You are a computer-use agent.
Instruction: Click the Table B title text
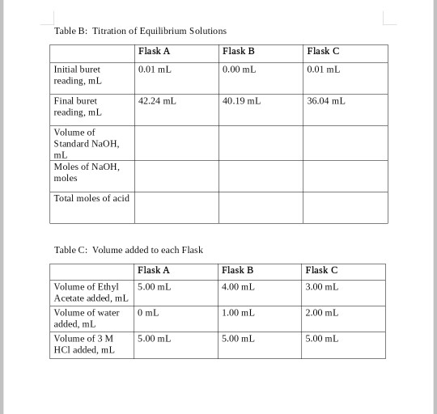click(140, 31)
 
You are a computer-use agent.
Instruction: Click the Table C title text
click(128, 250)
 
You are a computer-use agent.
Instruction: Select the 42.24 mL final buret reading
click(157, 102)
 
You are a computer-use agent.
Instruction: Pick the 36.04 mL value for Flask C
click(326, 102)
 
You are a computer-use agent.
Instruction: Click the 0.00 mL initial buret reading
click(239, 70)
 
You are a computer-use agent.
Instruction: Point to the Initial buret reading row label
click(77, 75)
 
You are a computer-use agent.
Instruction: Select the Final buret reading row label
click(77, 107)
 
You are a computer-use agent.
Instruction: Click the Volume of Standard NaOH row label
click(85, 143)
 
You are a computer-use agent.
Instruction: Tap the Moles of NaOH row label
click(86, 171)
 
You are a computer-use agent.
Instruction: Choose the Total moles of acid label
click(91, 198)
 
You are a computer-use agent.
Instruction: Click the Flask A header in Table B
click(154, 51)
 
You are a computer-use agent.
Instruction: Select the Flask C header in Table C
click(321, 270)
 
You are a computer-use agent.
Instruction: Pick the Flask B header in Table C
click(237, 270)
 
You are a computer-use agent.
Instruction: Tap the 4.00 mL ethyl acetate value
click(238, 287)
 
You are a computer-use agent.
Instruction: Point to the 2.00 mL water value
click(322, 312)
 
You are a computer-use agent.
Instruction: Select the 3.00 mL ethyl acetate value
click(322, 287)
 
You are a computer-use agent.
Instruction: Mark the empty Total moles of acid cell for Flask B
click(261, 206)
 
